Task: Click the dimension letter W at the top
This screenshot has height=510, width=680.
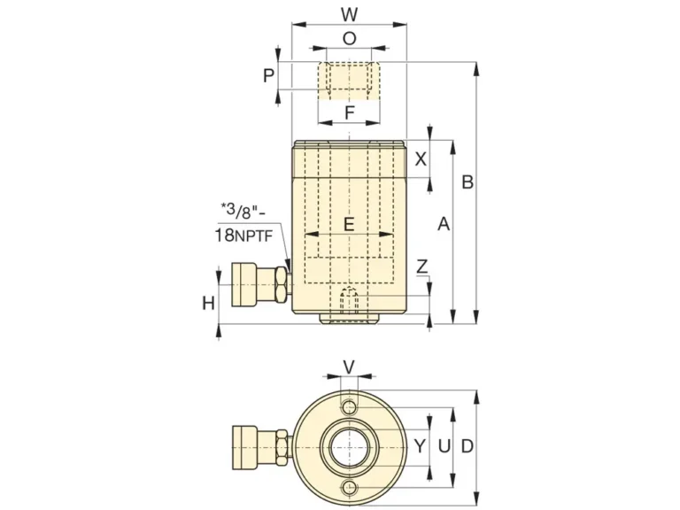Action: [x=349, y=14]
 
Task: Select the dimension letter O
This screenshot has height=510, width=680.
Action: [x=349, y=39]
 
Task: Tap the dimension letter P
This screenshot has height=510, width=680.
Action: [x=269, y=75]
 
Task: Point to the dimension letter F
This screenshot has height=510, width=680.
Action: [x=349, y=112]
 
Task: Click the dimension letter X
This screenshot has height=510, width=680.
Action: [x=421, y=159]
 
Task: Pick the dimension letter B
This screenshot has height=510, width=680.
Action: [x=467, y=182]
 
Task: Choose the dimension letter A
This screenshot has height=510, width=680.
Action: [x=444, y=224]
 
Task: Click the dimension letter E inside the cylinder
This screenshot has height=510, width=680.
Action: [x=349, y=225]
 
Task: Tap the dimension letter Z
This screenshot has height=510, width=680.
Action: [x=422, y=267]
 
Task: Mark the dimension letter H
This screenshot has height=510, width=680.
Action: [x=209, y=303]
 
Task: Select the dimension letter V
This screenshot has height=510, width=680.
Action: [x=349, y=367]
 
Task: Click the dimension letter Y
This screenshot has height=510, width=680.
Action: [x=420, y=445]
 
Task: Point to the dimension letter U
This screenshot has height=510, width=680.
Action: [x=444, y=445]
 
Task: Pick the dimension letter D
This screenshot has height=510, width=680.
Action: [x=467, y=445]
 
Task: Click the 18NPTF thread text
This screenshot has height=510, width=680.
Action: [x=243, y=236]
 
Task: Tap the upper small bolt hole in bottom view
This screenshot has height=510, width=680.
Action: [x=350, y=407]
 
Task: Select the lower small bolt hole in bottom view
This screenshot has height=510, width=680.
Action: [x=350, y=488]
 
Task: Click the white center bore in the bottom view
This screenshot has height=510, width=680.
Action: [x=350, y=447]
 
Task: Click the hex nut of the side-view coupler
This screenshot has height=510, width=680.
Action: [x=281, y=284]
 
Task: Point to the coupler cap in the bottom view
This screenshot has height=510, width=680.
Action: [x=245, y=447]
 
